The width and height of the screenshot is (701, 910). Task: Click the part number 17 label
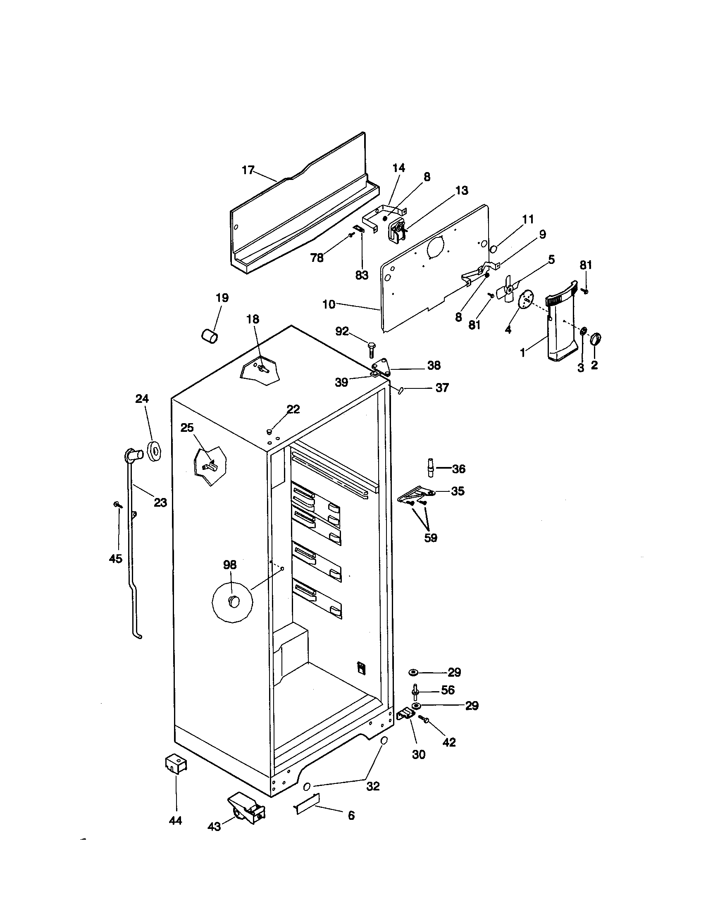(x=248, y=170)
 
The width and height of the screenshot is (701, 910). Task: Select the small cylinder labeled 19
(x=210, y=335)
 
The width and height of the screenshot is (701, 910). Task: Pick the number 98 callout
(x=229, y=565)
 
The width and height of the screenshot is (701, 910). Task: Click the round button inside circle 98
(x=233, y=601)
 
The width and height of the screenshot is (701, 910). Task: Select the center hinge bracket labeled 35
(x=415, y=495)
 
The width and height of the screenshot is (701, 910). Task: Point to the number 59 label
(x=430, y=538)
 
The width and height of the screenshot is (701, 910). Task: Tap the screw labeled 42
(x=425, y=718)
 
